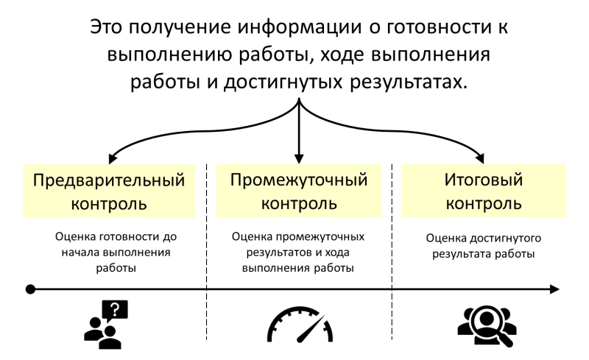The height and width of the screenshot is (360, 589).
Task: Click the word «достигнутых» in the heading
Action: [x=283, y=82]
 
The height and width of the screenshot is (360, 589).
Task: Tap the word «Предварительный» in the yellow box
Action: [x=109, y=180]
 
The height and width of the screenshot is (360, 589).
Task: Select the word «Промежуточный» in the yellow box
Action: [x=299, y=180]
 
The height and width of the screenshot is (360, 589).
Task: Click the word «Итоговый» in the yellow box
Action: [x=484, y=180]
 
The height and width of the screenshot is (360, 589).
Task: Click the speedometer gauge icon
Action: [x=300, y=325]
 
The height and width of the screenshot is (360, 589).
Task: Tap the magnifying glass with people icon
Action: [x=487, y=326]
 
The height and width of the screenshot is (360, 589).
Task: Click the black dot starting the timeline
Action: [x=30, y=289]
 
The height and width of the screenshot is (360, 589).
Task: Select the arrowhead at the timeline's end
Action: [x=555, y=289]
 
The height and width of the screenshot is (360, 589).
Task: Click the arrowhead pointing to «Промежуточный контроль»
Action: [x=299, y=158]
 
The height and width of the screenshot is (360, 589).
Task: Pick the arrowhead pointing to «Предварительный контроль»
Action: [x=113, y=158]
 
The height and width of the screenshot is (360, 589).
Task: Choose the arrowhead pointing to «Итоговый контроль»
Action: [x=480, y=158]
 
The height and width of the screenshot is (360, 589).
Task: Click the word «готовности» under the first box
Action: [x=130, y=237]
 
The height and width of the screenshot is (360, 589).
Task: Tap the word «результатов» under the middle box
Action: [x=279, y=253]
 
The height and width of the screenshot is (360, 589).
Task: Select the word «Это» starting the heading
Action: [x=106, y=27]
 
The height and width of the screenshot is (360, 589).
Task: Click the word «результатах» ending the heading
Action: [x=409, y=82]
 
